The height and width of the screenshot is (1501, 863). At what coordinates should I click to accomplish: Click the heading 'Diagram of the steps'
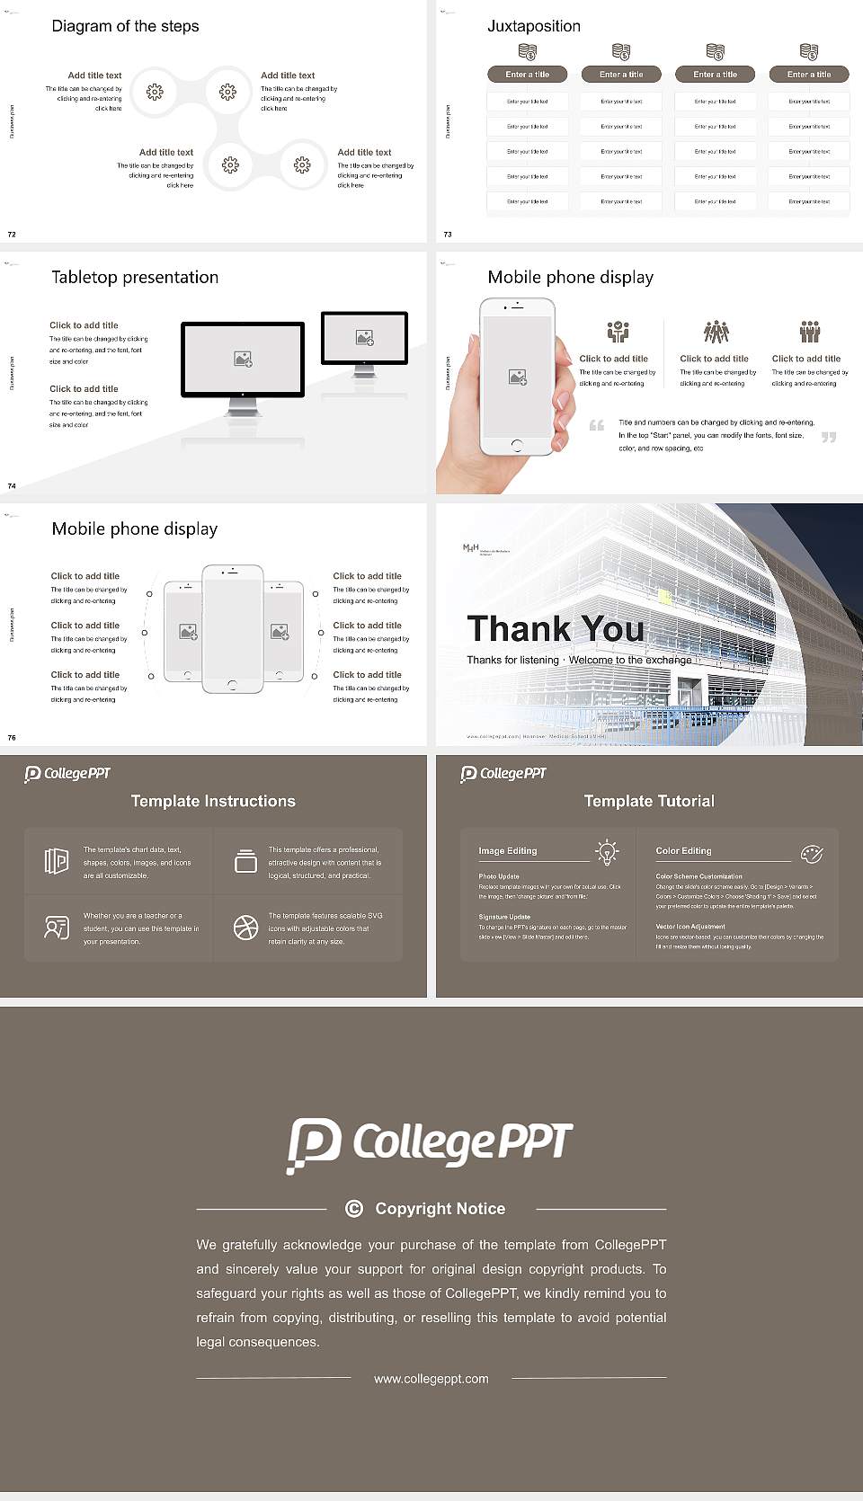125,26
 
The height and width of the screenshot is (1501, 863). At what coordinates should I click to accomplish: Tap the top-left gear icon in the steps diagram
155,92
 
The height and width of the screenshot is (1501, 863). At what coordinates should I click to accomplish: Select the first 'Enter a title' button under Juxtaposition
527,75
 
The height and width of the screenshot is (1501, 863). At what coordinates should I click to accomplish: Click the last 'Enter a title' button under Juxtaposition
809,75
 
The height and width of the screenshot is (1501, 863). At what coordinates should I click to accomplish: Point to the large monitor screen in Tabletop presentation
243,359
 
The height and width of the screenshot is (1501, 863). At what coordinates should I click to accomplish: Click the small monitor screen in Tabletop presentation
364,338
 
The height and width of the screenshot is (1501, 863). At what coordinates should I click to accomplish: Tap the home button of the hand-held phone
516,445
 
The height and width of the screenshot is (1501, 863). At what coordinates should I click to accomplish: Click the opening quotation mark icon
597,425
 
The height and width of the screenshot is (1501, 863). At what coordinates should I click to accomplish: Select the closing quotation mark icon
829,437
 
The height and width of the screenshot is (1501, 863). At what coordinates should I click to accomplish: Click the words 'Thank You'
556,628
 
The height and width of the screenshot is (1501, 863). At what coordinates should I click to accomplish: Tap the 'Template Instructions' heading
213,801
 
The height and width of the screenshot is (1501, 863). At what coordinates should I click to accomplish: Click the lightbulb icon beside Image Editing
607,851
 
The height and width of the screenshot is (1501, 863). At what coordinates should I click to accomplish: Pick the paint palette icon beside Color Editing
812,853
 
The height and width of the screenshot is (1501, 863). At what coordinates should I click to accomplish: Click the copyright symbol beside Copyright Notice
354,1209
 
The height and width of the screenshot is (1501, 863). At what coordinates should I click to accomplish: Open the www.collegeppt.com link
431,1379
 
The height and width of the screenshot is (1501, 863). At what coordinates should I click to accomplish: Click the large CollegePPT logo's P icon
314,1144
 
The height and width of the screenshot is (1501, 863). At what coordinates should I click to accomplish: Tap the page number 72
12,235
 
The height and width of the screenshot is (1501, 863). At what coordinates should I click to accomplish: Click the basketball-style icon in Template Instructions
245,928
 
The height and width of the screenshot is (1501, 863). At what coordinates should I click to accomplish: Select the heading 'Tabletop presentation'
135,278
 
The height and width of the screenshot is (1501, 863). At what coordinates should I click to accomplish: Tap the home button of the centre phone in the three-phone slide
232,685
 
